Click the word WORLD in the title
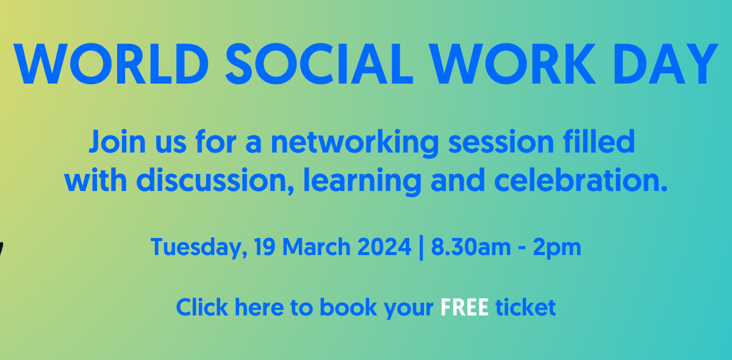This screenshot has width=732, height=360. [111, 64]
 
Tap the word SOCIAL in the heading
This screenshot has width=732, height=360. [319, 64]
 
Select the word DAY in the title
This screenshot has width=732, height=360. [665, 64]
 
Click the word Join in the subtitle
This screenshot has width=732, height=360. [117, 142]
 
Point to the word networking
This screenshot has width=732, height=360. [355, 143]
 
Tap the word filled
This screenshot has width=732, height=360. [598, 141]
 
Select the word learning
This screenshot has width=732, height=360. [362, 182]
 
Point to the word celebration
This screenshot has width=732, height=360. [581, 180]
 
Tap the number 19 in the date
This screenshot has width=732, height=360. [264, 247]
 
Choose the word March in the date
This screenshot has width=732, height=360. [317, 247]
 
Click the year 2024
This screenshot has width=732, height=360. [384, 247]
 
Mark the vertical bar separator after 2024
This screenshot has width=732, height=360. [421, 248]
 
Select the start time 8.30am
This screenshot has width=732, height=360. [470, 247]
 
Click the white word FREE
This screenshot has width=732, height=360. [464, 308]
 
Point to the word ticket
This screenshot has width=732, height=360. [525, 308]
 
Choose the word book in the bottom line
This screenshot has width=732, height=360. [348, 307]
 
